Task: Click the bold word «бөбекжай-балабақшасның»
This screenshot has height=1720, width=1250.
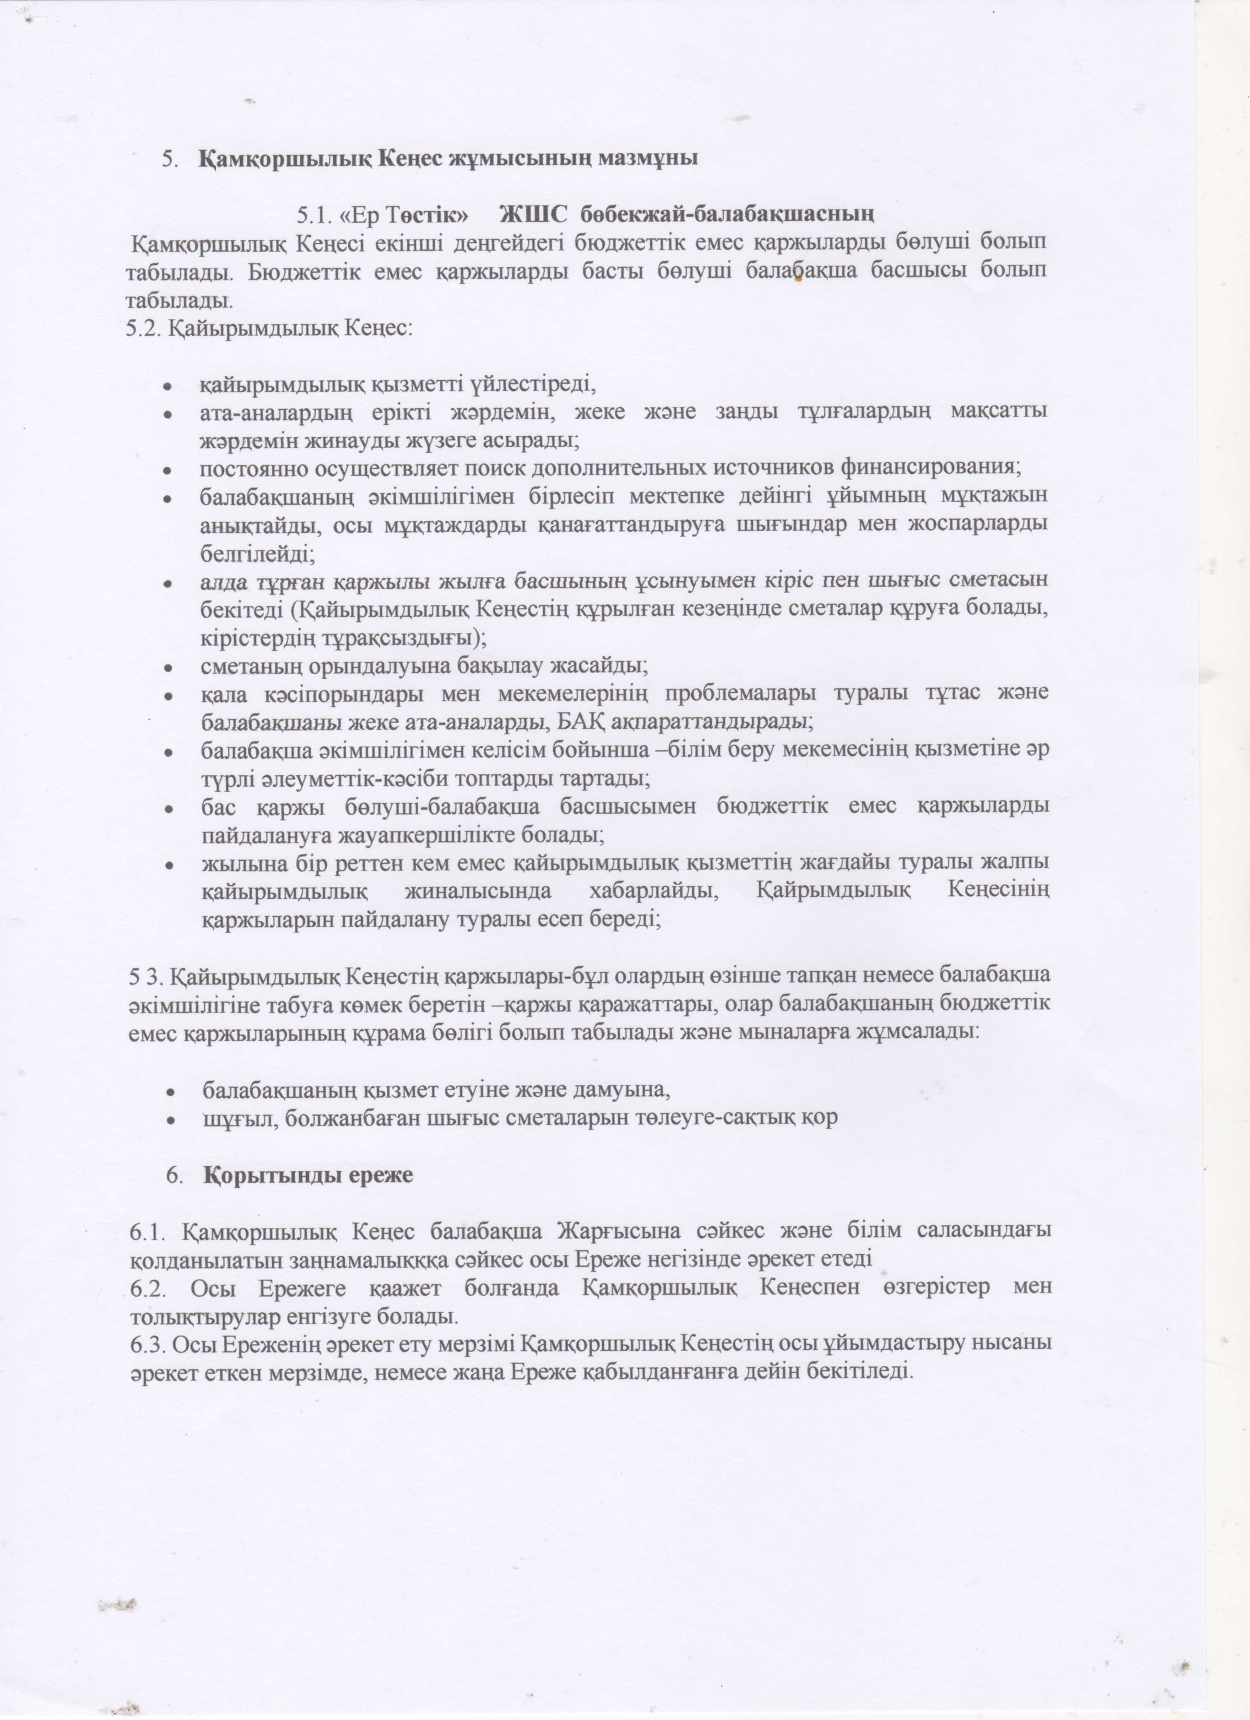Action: [732, 214]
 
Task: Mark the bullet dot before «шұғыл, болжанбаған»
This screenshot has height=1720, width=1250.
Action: [172, 1120]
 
